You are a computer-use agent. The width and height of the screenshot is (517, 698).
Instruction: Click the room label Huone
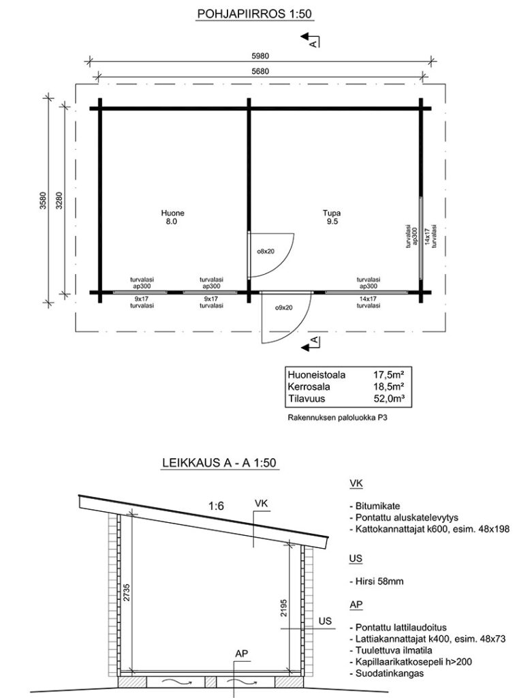point(173,212)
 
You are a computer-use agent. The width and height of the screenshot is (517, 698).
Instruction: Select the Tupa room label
point(331,212)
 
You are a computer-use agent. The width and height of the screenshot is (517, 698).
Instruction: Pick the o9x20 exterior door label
point(283,307)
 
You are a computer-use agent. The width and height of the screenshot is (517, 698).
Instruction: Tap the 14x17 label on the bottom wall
point(368,299)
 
